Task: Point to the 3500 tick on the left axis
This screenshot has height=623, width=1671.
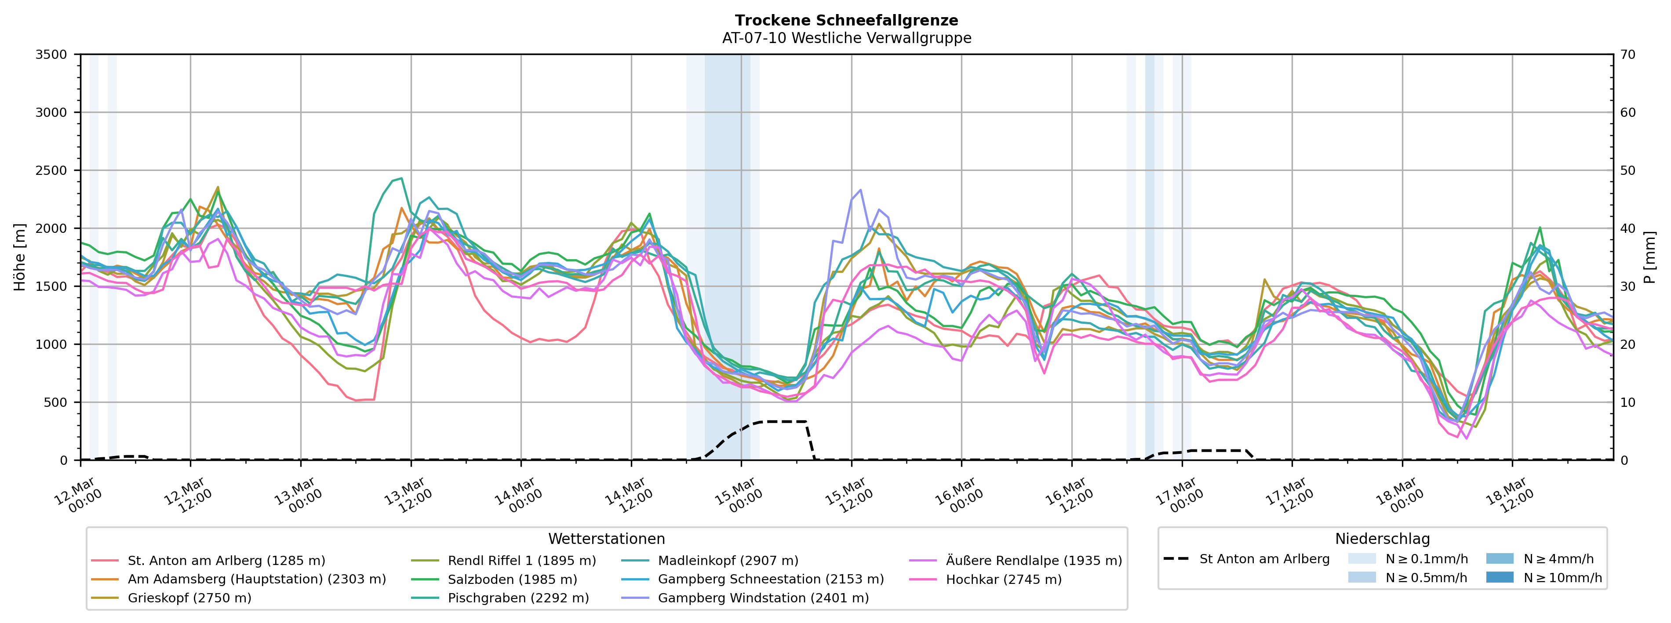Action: pyautogui.click(x=51, y=54)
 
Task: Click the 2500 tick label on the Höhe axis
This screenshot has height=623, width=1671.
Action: pyautogui.click(x=51, y=170)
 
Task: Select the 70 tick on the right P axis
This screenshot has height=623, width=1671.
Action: pyautogui.click(x=1627, y=54)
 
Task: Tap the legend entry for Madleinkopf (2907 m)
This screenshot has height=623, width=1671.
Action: pyautogui.click(x=728, y=560)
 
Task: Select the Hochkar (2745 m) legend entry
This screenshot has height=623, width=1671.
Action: pyautogui.click(x=1004, y=579)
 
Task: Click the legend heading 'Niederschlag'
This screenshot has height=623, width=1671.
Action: pyautogui.click(x=1382, y=539)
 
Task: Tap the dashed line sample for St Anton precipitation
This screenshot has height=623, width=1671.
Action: pyautogui.click(x=1176, y=559)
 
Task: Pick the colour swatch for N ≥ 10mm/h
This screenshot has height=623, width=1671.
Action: pyautogui.click(x=1499, y=577)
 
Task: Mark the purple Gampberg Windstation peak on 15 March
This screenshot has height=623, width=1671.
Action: pyautogui.click(x=860, y=190)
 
